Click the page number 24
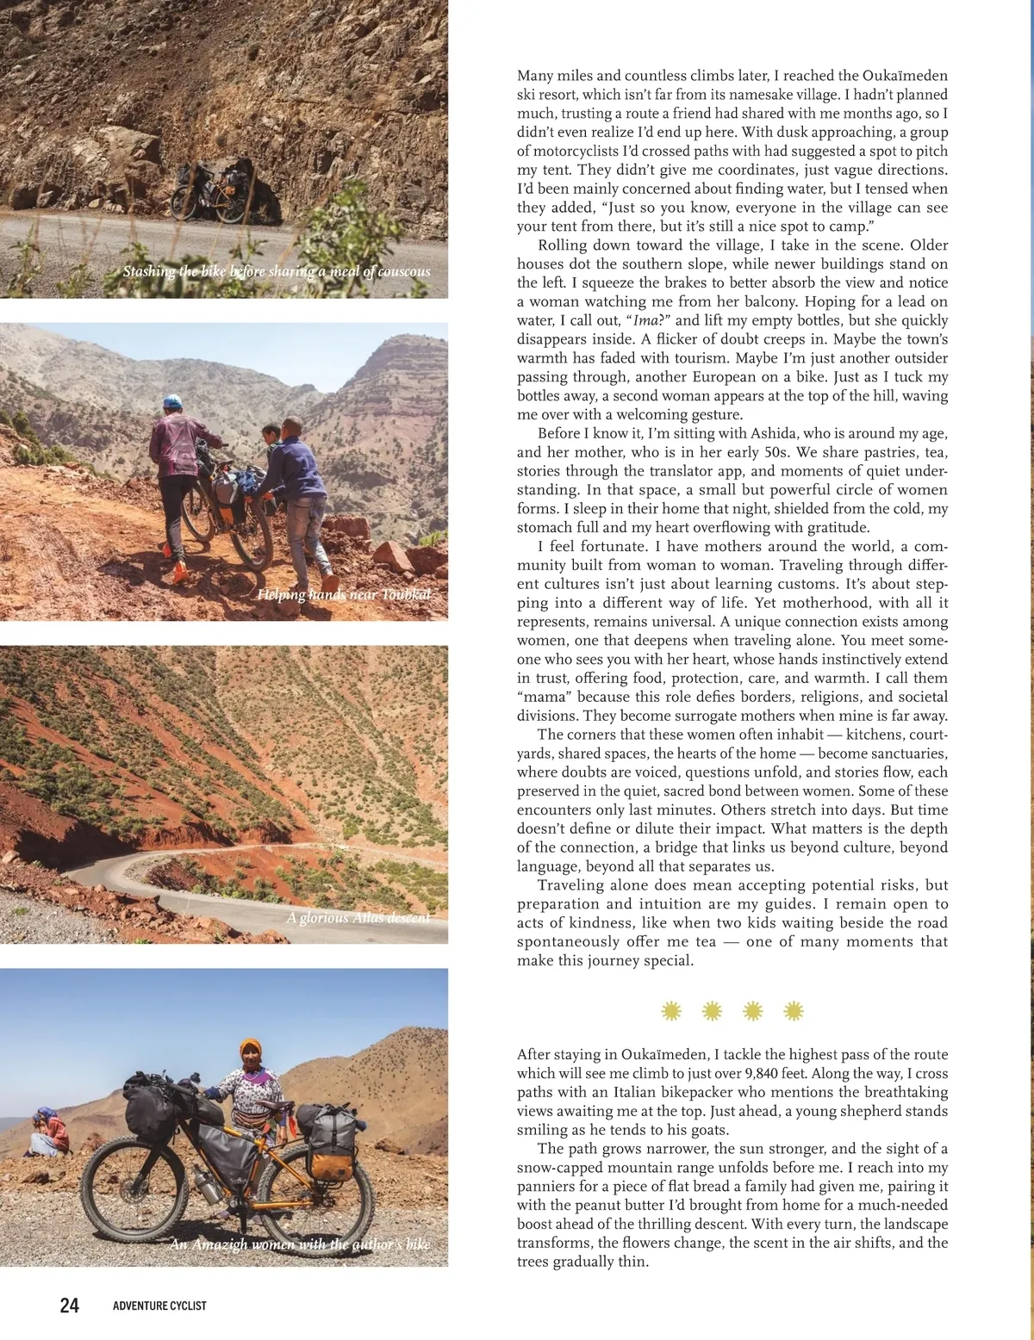(69, 1306)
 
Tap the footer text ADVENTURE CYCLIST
(159, 1306)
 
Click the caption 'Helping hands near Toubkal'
(344, 594)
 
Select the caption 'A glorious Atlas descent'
(358, 917)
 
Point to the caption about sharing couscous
(276, 271)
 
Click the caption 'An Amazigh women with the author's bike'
(299, 1244)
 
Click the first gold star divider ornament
(671, 1011)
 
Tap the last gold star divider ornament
(794, 1011)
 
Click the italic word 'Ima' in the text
(645, 320)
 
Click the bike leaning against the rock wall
(209, 192)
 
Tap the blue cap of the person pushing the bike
(172, 401)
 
